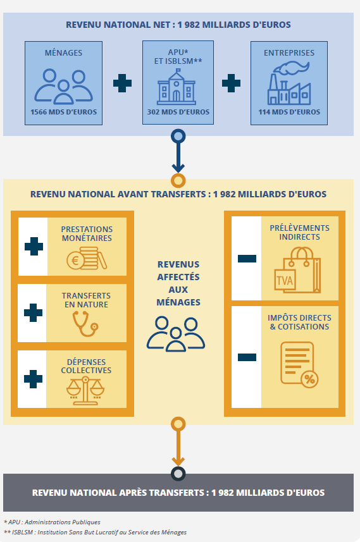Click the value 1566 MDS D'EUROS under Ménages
pos(64,112)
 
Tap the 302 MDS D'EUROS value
pos(178,112)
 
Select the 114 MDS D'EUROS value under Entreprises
pos(289,112)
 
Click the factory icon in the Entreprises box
pos(289,83)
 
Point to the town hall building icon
pos(177,87)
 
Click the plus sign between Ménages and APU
pos(122,83)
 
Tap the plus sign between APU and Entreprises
pos(231,83)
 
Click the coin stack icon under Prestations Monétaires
pos(87,258)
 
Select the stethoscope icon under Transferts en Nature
pos(85,324)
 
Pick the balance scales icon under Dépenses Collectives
pos(85,391)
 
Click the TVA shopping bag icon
pos(297,270)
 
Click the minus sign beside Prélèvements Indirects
pos(247,259)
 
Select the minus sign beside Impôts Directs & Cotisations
pos(247,357)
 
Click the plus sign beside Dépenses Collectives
pos(33,379)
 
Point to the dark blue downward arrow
pos(178,151)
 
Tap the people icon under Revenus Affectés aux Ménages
pos(176,334)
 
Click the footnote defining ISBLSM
pos(95,532)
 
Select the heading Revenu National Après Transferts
pos(178,493)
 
